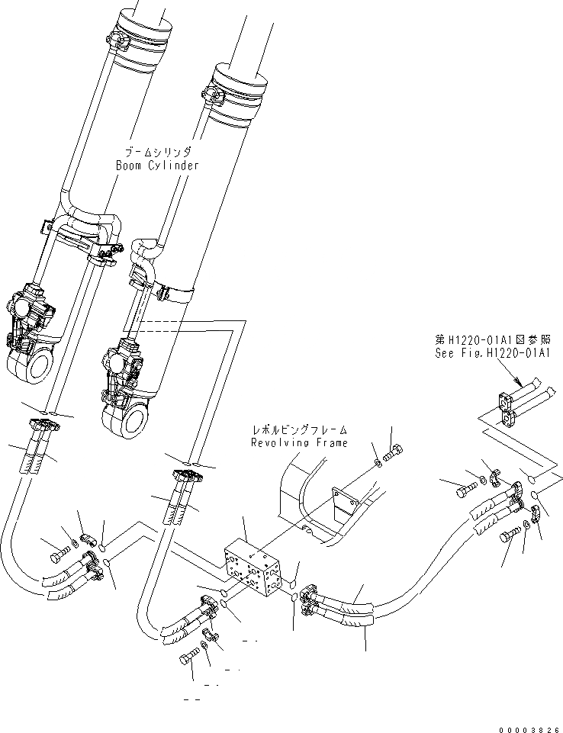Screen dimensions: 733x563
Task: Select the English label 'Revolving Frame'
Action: point(300,442)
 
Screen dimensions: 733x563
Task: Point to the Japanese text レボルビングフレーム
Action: point(300,431)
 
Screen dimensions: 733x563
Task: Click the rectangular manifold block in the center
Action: point(254,568)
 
